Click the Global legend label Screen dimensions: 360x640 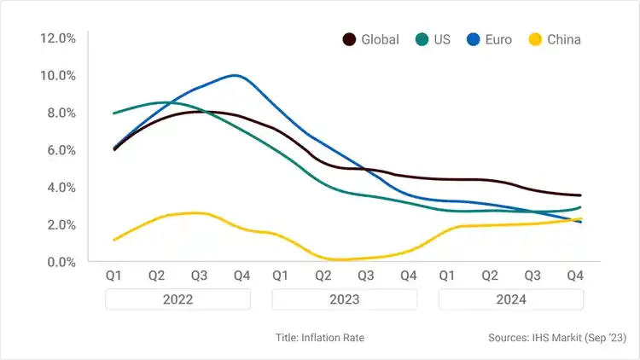click(x=380, y=39)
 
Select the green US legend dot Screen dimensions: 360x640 click(x=422, y=39)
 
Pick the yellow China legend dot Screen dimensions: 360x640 click(x=536, y=39)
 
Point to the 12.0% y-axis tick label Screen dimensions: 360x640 click(x=58, y=38)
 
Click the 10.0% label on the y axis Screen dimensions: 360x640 click(x=58, y=76)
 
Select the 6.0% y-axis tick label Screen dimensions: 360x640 click(x=58, y=150)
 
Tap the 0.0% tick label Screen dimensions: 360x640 click(x=58, y=262)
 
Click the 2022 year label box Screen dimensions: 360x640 click(x=177, y=299)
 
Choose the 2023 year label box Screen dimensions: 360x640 click(x=344, y=299)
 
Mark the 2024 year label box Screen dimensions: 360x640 click(x=510, y=299)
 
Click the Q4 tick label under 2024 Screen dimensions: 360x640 click(x=574, y=276)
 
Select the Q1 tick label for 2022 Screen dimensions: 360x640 click(x=113, y=276)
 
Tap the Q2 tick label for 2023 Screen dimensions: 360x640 click(x=323, y=276)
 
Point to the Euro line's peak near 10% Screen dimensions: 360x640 click(x=235, y=75)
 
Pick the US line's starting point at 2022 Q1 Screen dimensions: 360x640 click(x=114, y=113)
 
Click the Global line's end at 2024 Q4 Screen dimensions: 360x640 click(x=581, y=195)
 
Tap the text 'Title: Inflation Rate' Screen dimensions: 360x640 click(x=320, y=338)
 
